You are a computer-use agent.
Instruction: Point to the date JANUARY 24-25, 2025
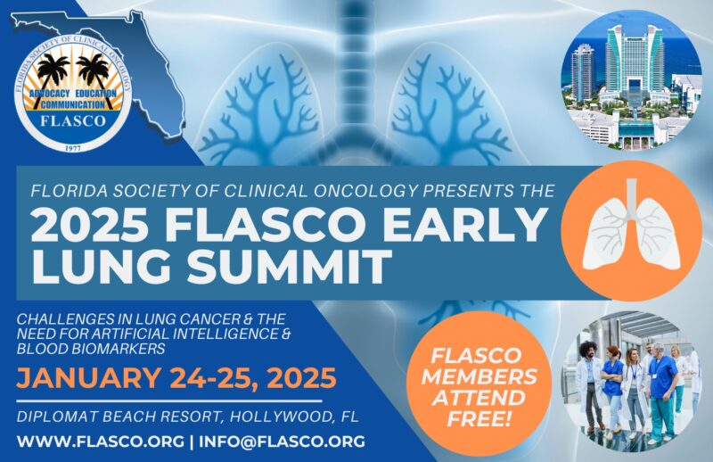point(177,376)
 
